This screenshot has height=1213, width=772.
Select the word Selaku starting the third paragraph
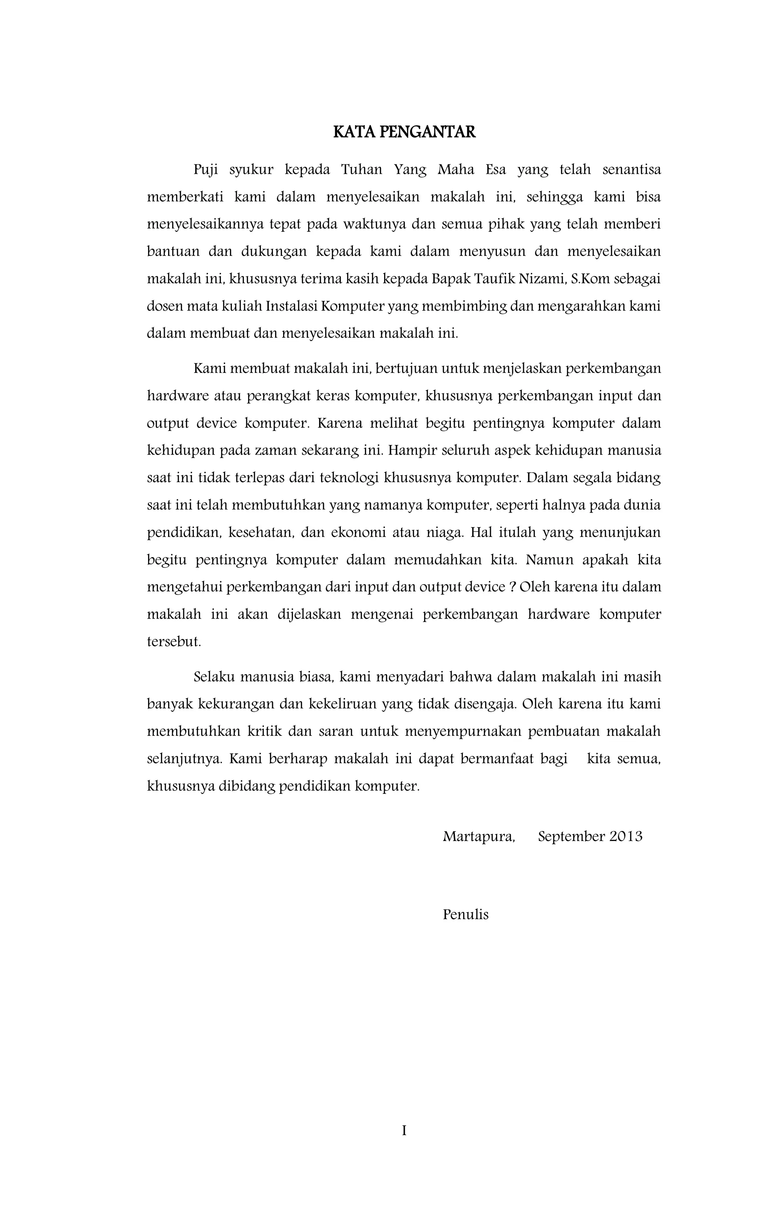214,677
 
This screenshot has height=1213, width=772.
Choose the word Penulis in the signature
466,914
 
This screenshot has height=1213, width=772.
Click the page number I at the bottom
404,1131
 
